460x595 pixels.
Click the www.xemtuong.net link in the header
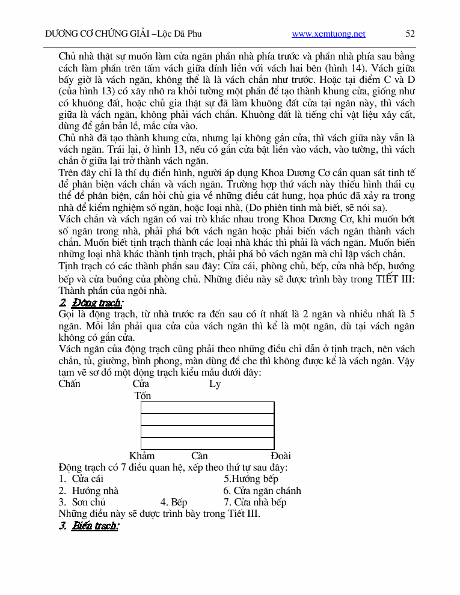(x=328, y=34)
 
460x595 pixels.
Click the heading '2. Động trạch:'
(x=91, y=302)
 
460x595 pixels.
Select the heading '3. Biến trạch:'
(x=90, y=526)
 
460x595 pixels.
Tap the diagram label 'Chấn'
(x=70, y=384)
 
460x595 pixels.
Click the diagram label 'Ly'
(x=215, y=384)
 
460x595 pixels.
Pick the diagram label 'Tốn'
(x=143, y=395)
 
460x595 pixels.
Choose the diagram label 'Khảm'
(x=142, y=456)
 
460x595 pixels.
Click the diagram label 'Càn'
(x=200, y=456)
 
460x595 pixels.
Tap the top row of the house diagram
(x=207, y=407)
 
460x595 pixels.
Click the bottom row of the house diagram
(x=207, y=444)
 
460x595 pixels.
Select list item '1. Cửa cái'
(x=81, y=479)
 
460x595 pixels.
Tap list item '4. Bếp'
(x=174, y=502)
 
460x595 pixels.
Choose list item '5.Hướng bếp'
(x=251, y=479)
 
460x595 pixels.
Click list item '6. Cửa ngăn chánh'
(x=262, y=490)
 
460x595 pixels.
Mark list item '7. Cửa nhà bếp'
(x=255, y=502)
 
